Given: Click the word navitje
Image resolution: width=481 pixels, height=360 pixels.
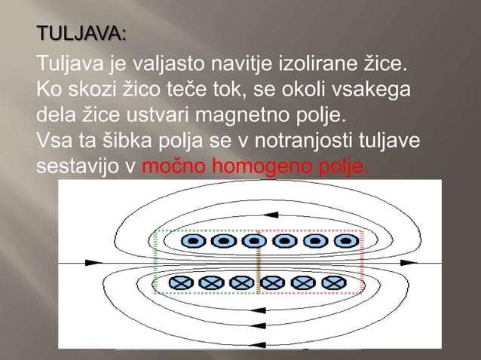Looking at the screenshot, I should (x=236, y=60).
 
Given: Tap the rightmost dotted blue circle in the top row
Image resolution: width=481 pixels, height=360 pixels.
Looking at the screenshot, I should (x=346, y=242).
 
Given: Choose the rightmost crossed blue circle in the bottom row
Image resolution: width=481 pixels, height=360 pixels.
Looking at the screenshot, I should (x=332, y=282).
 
